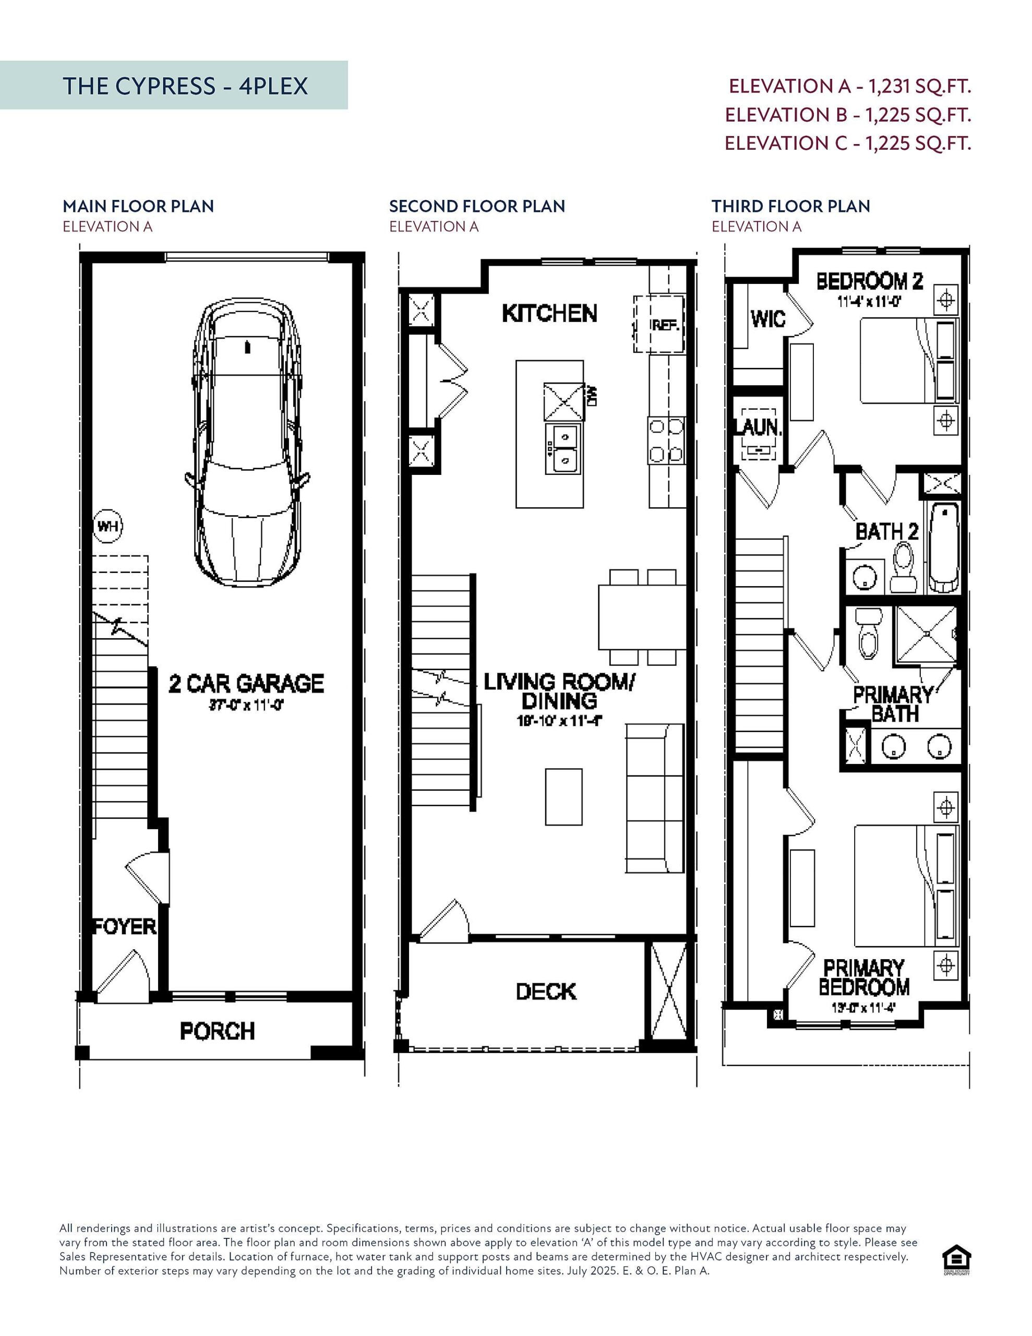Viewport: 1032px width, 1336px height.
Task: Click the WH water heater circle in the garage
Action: (107, 526)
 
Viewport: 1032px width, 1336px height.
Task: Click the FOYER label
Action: (124, 926)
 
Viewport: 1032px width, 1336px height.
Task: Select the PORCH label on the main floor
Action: (217, 1031)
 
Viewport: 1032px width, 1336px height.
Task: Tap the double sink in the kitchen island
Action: (563, 448)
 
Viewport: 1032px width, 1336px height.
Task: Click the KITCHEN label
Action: (549, 313)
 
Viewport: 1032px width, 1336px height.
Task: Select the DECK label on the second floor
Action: (546, 992)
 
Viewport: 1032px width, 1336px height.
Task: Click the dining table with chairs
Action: (642, 617)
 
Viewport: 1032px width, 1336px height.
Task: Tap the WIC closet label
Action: (767, 319)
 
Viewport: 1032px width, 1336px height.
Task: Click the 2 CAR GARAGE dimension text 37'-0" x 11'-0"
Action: (247, 706)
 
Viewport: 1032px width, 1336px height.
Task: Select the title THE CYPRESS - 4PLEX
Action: (185, 86)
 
